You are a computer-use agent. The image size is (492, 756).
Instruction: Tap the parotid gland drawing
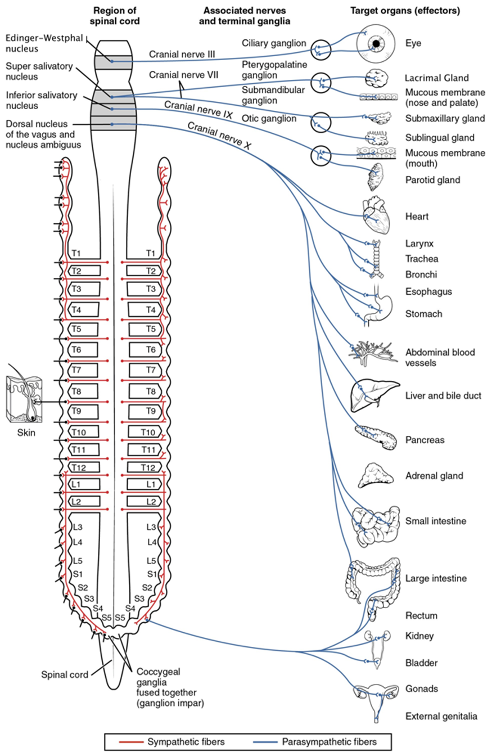point(374,178)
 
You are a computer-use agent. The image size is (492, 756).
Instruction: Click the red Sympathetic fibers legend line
point(139,742)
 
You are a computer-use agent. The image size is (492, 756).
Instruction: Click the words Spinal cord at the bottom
point(64,675)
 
